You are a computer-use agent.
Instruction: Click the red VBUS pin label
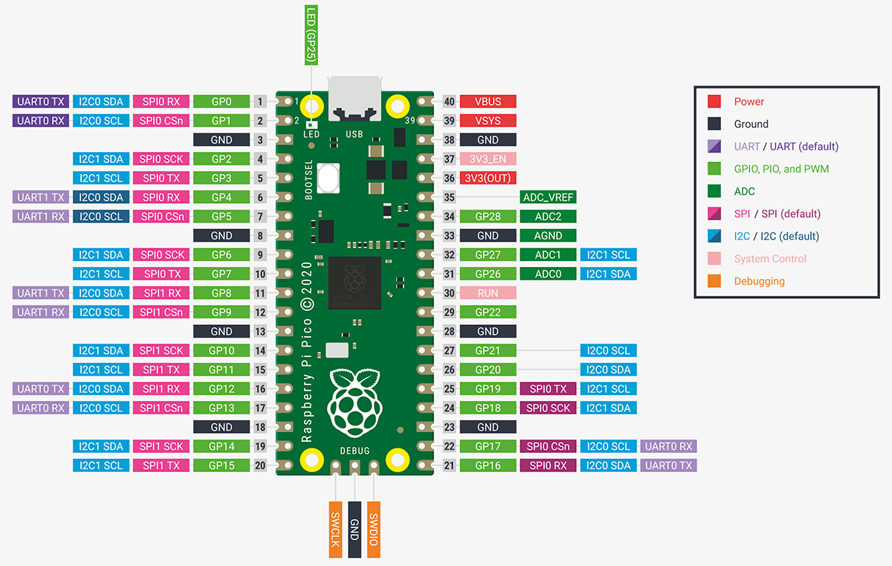[488, 101]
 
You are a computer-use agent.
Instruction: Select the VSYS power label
[488, 120]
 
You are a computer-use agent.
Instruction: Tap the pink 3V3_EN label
[488, 159]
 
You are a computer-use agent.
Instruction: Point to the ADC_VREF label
[549, 197]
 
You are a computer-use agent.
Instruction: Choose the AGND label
[549, 236]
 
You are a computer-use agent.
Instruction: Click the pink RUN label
[488, 293]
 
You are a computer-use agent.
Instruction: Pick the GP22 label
[488, 312]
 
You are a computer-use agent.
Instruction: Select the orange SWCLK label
[335, 529]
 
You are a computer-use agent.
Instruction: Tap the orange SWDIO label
[374, 529]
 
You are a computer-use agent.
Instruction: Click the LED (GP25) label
[311, 33]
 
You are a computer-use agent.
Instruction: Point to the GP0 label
[221, 101]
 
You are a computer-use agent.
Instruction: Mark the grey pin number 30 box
[449, 293]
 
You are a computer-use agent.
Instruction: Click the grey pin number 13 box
[260, 332]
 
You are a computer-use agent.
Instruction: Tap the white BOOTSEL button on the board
[327, 179]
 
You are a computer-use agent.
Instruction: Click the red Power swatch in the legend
[714, 102]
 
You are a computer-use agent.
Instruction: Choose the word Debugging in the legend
[759, 281]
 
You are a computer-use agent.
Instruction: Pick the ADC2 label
[549, 216]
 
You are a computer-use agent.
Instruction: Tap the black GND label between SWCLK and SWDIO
[355, 529]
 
